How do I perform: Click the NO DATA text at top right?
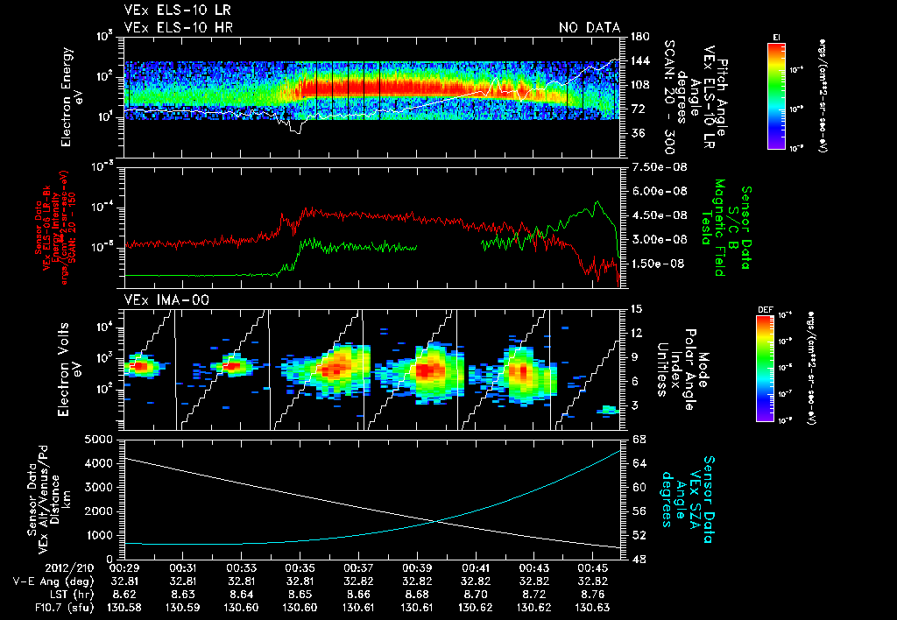point(589,27)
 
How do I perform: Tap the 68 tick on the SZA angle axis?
point(639,439)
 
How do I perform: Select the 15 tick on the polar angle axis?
point(636,309)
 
